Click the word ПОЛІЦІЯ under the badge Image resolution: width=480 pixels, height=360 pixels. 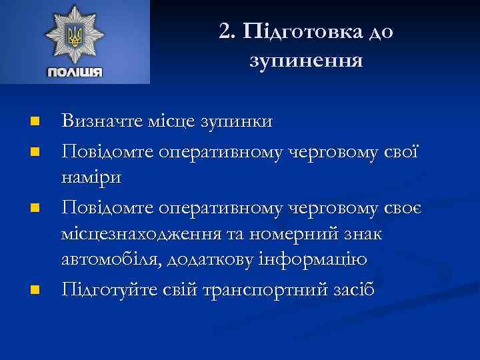coord(75,71)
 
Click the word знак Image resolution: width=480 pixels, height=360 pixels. coord(373,236)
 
